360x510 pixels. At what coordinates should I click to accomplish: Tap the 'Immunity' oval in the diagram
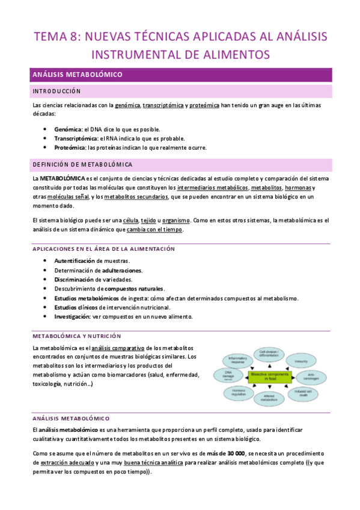pos(301,361)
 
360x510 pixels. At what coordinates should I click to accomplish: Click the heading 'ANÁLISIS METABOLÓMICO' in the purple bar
pos(77,75)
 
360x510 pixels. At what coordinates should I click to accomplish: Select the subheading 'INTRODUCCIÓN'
pos(57,91)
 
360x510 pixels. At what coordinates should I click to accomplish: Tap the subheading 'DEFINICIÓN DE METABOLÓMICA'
pos(83,164)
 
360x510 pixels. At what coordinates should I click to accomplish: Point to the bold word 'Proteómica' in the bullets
pos(70,147)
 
